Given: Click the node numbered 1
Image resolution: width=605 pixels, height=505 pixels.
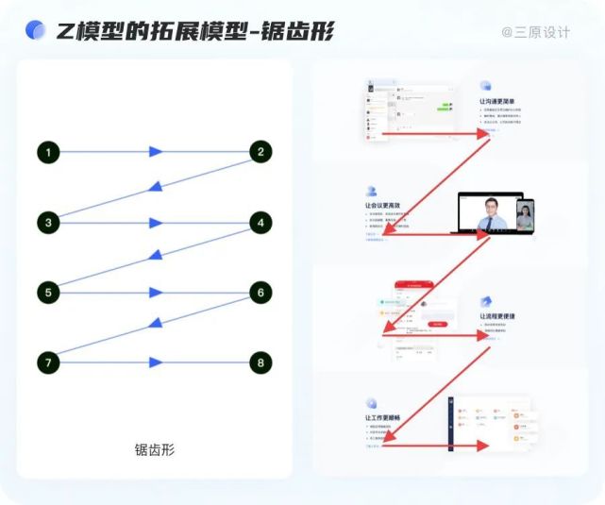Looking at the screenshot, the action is [49, 151].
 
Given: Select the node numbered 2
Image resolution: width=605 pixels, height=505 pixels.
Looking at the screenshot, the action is [260, 151].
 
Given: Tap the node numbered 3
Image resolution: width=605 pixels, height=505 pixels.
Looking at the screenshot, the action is [49, 223].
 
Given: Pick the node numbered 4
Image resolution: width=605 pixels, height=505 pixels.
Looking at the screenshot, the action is [260, 223].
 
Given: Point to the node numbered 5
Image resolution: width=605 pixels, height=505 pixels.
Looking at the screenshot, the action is [49, 293].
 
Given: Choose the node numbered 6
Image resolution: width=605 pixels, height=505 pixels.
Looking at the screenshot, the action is [260, 293].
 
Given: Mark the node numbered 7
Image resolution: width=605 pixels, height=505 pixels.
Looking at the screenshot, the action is [49, 362].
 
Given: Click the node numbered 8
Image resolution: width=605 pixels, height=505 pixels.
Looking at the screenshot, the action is [260, 362].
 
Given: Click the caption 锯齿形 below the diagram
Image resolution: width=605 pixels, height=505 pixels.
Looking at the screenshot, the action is [155, 449].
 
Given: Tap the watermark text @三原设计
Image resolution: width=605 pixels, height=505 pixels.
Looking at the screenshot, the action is [536, 32].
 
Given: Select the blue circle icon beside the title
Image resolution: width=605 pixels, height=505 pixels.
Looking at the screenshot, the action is [36, 31].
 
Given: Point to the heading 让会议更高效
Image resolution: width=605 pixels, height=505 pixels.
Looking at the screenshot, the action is [382, 204].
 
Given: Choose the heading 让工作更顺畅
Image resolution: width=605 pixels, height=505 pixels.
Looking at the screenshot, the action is [382, 417].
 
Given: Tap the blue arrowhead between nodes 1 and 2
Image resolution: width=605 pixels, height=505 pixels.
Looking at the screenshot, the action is [156, 151].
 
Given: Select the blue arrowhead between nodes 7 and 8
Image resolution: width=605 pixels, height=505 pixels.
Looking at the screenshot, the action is [156, 362].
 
